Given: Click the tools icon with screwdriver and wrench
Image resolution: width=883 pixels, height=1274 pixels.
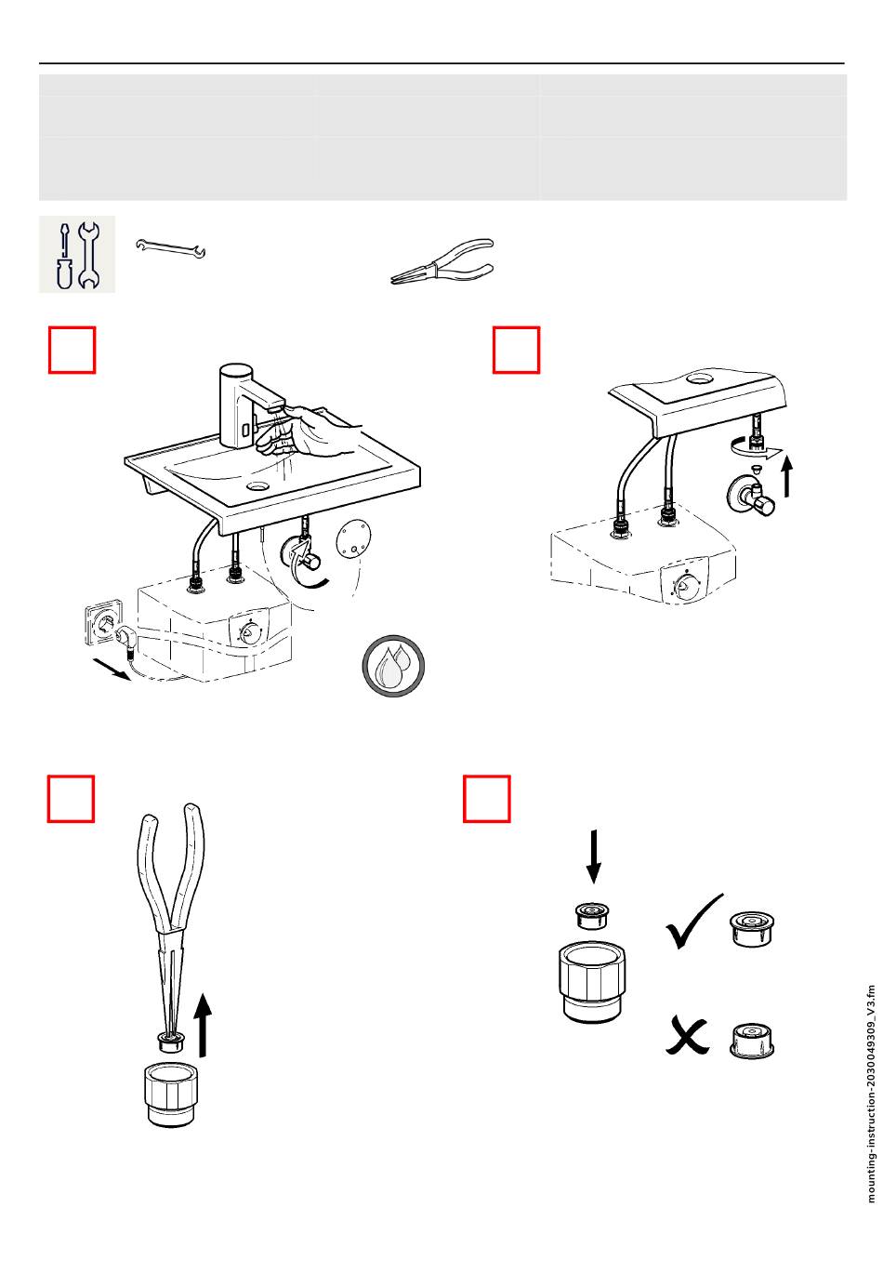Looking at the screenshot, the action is (x=77, y=254).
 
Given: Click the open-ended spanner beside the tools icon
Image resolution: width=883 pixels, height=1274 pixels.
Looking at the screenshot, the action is (x=171, y=248).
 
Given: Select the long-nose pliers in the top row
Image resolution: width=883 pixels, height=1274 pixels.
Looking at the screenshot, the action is (x=442, y=264).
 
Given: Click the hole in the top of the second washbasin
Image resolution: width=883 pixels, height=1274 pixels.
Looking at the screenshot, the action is (x=696, y=378).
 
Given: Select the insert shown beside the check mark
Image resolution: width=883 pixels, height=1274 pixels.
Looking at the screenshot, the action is (x=752, y=928).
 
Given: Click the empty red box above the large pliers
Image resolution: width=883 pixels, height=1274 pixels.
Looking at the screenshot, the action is (x=71, y=800).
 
